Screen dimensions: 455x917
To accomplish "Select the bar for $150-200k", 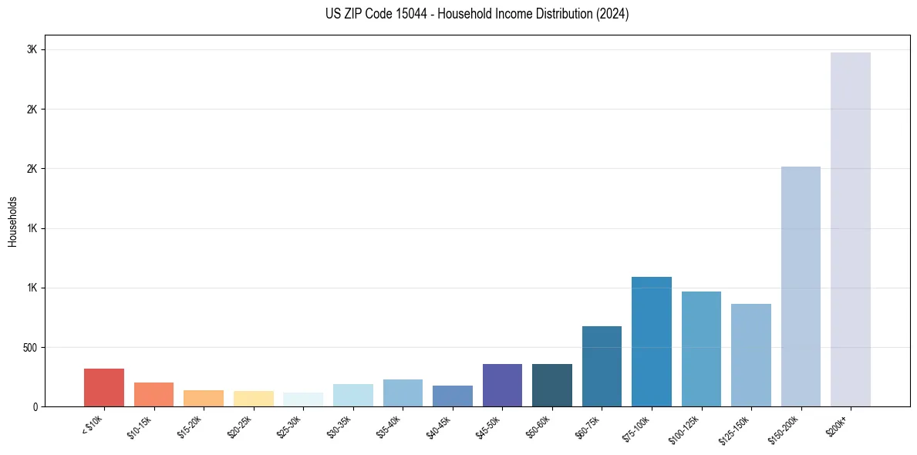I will [x=801, y=286].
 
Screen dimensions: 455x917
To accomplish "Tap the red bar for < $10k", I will [x=104, y=387].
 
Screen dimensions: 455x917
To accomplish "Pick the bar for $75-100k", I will [x=652, y=341].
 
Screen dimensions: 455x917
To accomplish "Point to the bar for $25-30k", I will [x=303, y=399].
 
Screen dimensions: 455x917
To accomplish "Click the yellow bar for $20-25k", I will [x=254, y=398].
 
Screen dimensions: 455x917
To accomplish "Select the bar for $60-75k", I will [x=602, y=366].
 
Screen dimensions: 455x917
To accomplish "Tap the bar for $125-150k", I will [x=751, y=355].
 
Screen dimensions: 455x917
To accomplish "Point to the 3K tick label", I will [x=33, y=49].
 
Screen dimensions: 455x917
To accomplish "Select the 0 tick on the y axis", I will [x=35, y=406].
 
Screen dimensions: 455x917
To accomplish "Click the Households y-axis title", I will [x=13, y=221].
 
